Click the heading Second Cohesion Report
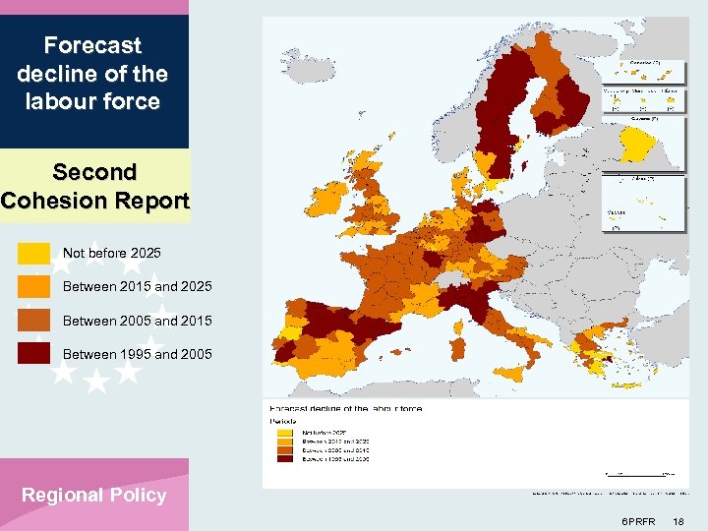pyautogui.click(x=94, y=186)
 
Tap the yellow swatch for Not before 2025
pyautogui.click(x=33, y=254)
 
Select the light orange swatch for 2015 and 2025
pyautogui.click(x=33, y=287)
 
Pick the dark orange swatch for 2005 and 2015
pyautogui.click(x=33, y=321)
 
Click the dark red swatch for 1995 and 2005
pyautogui.click(x=33, y=354)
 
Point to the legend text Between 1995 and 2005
pyautogui.click(x=137, y=354)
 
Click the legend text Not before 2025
pyautogui.click(x=111, y=254)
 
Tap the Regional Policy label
pyautogui.click(x=94, y=496)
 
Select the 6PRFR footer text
pyautogui.click(x=639, y=520)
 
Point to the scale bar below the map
pyautogui.click(x=639, y=474)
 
